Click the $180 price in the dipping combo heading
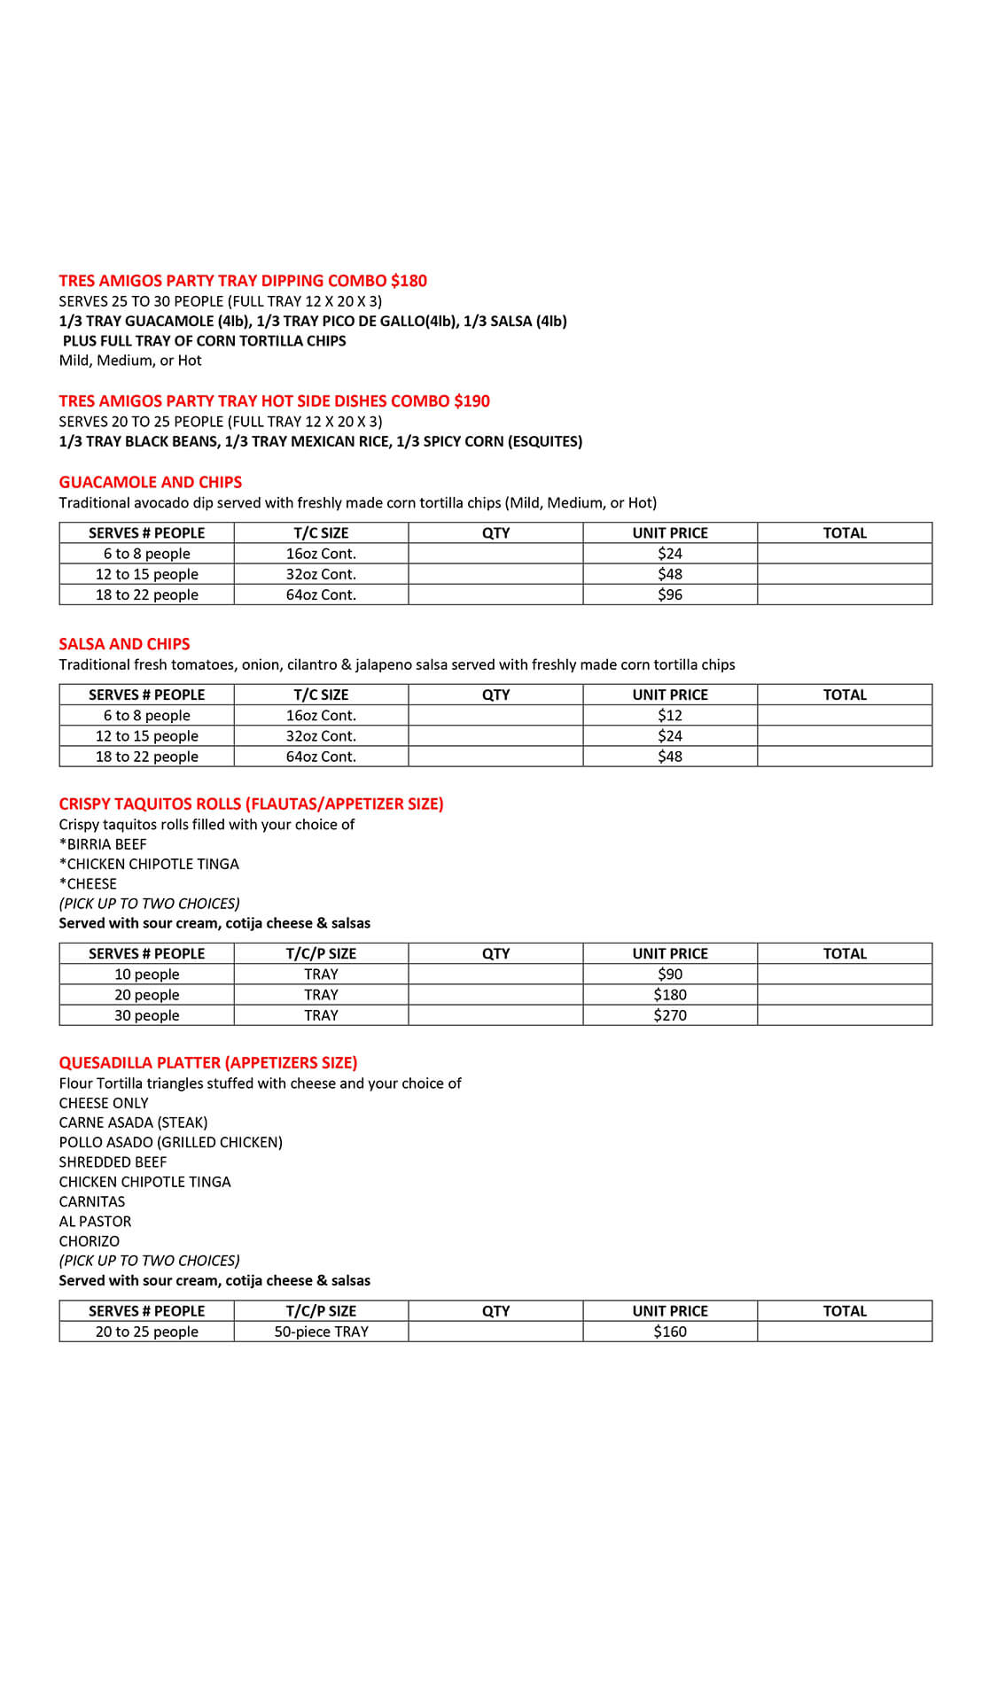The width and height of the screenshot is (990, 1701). (409, 281)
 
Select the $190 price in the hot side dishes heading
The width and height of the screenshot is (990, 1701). (472, 401)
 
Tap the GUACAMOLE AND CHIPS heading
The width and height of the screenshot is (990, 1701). (150, 482)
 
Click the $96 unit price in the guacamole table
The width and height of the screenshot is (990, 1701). (670, 594)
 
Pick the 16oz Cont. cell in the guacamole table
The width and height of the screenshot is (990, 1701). (321, 554)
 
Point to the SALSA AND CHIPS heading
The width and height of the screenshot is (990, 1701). (124, 644)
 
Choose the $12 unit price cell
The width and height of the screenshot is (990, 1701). (670, 716)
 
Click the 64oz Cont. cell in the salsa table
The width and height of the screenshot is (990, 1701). (321, 757)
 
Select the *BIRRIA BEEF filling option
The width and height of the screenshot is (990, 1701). (103, 844)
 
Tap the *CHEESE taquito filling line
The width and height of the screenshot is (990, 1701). (88, 883)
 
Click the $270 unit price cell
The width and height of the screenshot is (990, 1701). (670, 1015)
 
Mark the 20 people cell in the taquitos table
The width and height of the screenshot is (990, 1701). (147, 995)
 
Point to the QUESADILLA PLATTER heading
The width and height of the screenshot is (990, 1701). (208, 1062)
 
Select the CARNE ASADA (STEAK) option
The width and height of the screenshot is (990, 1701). (133, 1122)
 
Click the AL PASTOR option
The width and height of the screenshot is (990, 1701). (95, 1221)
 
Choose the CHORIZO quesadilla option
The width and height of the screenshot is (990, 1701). (89, 1241)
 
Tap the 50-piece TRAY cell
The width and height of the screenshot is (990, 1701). (321, 1332)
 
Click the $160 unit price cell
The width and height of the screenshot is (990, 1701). (670, 1332)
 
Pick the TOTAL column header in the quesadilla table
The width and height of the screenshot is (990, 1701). (845, 1311)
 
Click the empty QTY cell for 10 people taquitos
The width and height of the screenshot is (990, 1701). (495, 975)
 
